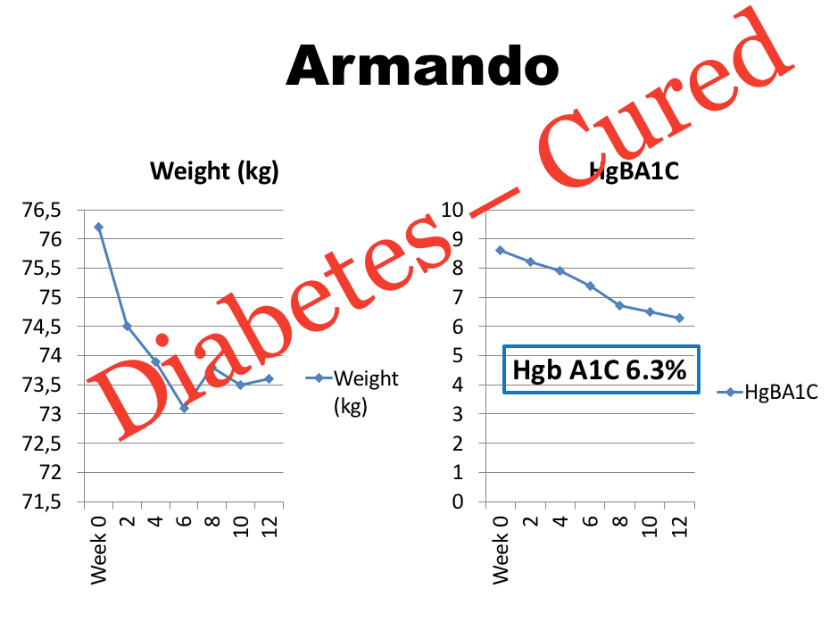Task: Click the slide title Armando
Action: pyautogui.click(x=422, y=67)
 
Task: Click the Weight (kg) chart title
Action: pyautogui.click(x=214, y=171)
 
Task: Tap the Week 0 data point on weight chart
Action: pyautogui.click(x=98, y=227)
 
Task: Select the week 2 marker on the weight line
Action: pyautogui.click(x=127, y=326)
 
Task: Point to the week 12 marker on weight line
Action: pyautogui.click(x=269, y=378)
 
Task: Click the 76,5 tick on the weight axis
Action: pyautogui.click(x=43, y=211)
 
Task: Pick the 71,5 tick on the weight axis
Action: pyautogui.click(x=43, y=502)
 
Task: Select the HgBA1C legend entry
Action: pyautogui.click(x=768, y=392)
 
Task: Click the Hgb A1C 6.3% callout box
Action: pyautogui.click(x=601, y=369)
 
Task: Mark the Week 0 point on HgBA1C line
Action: pyautogui.click(x=502, y=251)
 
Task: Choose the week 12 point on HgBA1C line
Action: pyautogui.click(x=680, y=318)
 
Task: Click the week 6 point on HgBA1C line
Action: pyautogui.click(x=591, y=286)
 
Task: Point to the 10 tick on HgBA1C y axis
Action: pyautogui.click(x=453, y=211)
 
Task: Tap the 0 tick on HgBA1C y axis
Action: pyautogui.click(x=458, y=502)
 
